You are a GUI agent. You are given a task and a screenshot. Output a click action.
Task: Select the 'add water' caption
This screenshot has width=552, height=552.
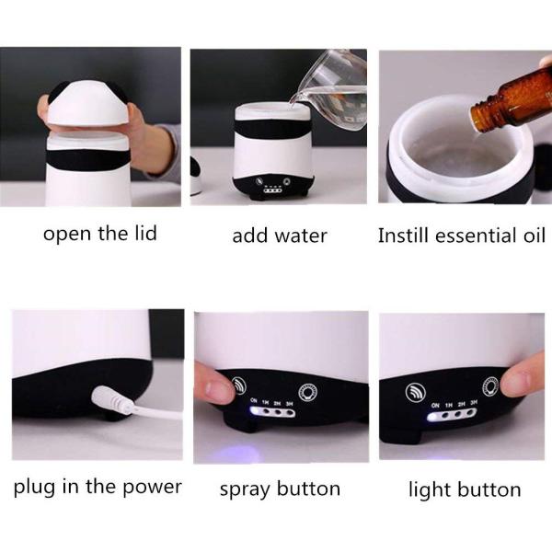[279, 236]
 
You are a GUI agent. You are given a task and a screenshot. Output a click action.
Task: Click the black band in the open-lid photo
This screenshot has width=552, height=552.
[89, 159]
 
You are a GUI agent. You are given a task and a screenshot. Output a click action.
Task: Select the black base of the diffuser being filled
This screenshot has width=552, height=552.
[272, 185]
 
